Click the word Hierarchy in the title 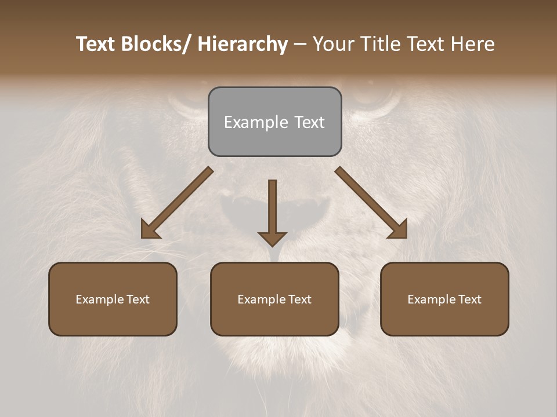click(x=243, y=45)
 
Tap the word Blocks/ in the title click(x=155, y=45)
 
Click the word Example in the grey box click(x=255, y=123)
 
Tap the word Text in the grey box click(x=309, y=123)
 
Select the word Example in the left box click(x=99, y=299)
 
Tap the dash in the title click(x=300, y=45)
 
